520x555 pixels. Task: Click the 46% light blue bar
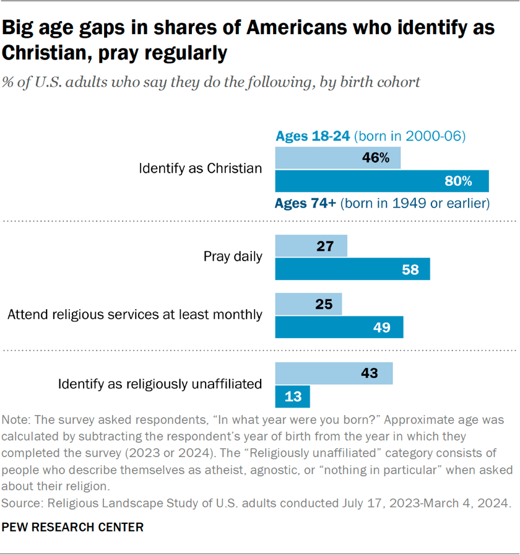pos(337,158)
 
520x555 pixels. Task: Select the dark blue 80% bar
pos(382,181)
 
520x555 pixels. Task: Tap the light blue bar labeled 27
pos(311,247)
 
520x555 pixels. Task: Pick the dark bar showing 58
pos(352,269)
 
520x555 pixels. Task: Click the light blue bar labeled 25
pos(308,304)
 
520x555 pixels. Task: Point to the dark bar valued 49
pos(339,327)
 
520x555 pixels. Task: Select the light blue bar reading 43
pos(334,374)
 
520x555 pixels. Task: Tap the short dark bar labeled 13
pos(292,396)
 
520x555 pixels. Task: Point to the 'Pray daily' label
pos(233,256)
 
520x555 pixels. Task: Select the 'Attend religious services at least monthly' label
pos(135,314)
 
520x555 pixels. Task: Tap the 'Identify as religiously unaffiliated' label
pos(160,384)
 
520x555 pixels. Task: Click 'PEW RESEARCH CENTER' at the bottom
pos(73,527)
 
